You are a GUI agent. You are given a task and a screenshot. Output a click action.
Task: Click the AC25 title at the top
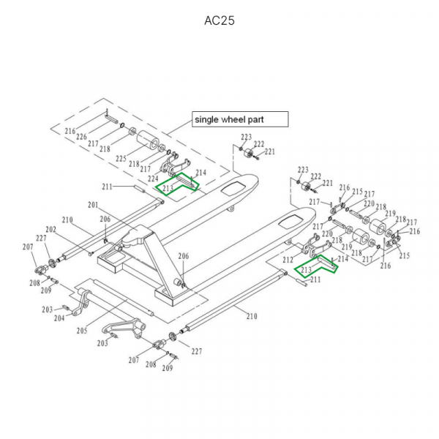click(x=219, y=20)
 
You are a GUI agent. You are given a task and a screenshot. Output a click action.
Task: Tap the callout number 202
click(x=51, y=230)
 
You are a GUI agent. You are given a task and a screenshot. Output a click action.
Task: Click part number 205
click(x=82, y=331)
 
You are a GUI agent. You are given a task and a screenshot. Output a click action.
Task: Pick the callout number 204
click(x=59, y=317)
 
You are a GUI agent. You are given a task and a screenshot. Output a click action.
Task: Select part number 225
click(x=121, y=158)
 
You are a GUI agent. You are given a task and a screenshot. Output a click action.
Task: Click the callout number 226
click(x=81, y=137)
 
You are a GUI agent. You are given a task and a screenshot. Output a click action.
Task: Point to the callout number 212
click(x=288, y=260)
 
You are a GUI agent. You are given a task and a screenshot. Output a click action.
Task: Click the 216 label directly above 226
click(x=70, y=131)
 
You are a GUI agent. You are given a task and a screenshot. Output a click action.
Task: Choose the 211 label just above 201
click(x=108, y=187)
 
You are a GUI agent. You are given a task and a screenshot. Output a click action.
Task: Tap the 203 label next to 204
click(x=47, y=310)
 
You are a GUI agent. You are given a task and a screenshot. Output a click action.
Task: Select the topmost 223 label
click(x=246, y=138)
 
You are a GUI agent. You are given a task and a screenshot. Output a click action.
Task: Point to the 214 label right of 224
click(x=201, y=173)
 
